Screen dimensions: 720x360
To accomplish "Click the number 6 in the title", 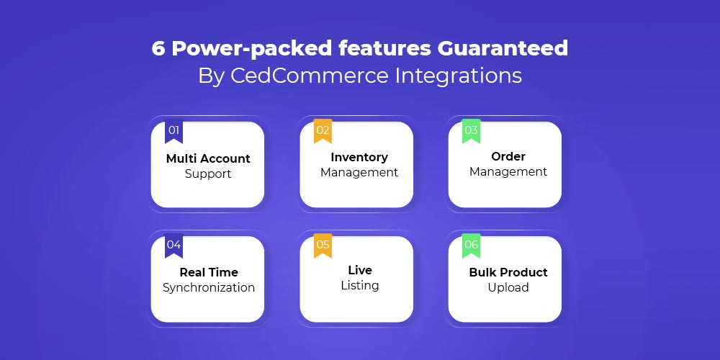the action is (x=158, y=48).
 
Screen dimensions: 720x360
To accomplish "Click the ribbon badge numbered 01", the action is (x=174, y=131).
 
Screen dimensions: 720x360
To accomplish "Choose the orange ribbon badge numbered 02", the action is (x=323, y=131).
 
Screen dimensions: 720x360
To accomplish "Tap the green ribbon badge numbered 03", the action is (x=471, y=131).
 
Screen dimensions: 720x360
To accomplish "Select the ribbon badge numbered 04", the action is (x=174, y=246).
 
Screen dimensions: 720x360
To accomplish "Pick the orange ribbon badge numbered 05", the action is (x=323, y=246).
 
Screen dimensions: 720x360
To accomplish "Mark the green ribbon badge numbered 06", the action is (x=471, y=246).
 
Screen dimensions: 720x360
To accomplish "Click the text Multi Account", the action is (x=208, y=159).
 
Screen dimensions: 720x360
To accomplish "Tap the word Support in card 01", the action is (x=208, y=175).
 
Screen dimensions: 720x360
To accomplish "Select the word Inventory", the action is (x=359, y=158).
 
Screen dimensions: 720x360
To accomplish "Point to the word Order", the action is (x=508, y=156).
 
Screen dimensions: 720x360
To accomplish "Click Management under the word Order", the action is (x=508, y=172).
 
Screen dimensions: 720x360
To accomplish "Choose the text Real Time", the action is (x=209, y=272).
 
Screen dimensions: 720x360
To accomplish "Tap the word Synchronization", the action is (x=209, y=288).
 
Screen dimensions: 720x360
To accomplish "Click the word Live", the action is (x=359, y=270).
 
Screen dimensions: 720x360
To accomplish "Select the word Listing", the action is (x=359, y=286).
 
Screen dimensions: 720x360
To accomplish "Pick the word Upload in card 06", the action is (x=508, y=288).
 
